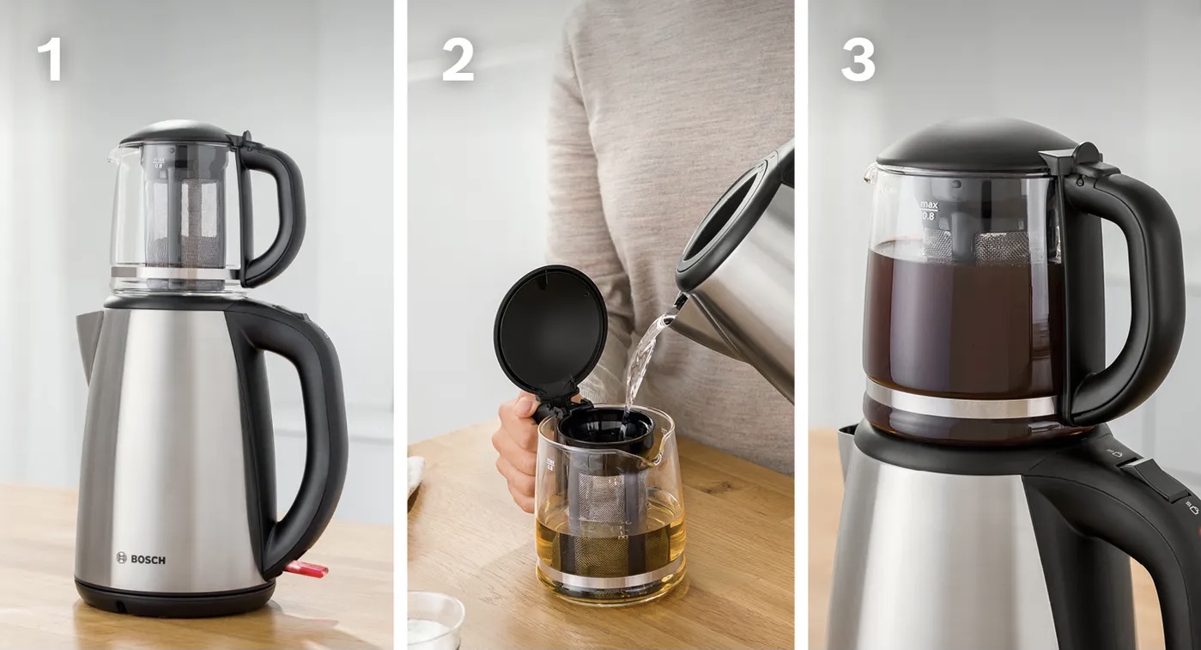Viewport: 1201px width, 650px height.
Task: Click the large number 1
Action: point(50,62)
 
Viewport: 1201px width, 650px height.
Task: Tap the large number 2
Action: point(458,62)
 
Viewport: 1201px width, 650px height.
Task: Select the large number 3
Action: point(858,62)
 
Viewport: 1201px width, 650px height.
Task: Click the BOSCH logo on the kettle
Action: point(141,559)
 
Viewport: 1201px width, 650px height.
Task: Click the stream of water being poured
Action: point(646,359)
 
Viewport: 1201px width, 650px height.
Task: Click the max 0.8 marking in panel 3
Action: point(929,210)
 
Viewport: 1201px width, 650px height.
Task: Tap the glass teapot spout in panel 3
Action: point(870,172)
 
